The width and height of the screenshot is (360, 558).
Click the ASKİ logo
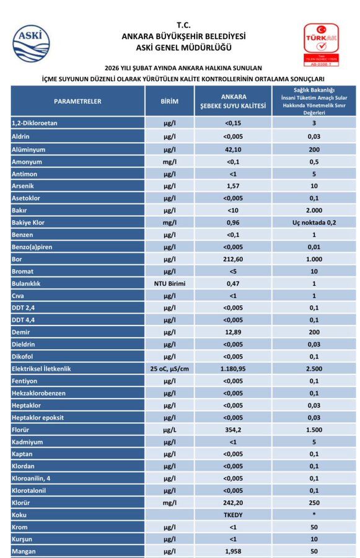(32, 43)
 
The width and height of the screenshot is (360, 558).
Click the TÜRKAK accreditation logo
(321, 45)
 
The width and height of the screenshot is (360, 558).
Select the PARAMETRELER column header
(77, 102)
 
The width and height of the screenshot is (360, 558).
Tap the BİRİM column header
(169, 102)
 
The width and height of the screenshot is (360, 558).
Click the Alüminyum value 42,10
(233, 150)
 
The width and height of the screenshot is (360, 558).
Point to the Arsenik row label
(23, 186)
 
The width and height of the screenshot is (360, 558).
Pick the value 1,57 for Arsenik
(233, 186)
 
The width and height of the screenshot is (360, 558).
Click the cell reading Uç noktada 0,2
(314, 223)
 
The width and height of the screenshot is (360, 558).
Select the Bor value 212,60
(233, 259)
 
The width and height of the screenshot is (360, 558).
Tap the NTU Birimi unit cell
(170, 283)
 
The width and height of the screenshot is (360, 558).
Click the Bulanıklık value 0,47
(233, 283)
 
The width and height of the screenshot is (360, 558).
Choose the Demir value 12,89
(233, 332)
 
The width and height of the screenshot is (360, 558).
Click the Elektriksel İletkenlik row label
(42, 369)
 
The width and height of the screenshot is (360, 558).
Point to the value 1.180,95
(233, 369)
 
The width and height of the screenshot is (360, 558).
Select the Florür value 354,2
(233, 430)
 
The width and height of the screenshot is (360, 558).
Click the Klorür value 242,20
(233, 503)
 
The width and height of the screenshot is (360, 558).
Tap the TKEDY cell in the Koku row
(233, 515)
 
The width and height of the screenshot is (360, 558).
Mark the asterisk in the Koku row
(314, 514)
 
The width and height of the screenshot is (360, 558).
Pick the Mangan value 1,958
(233, 551)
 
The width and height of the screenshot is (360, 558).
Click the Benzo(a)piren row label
(32, 247)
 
